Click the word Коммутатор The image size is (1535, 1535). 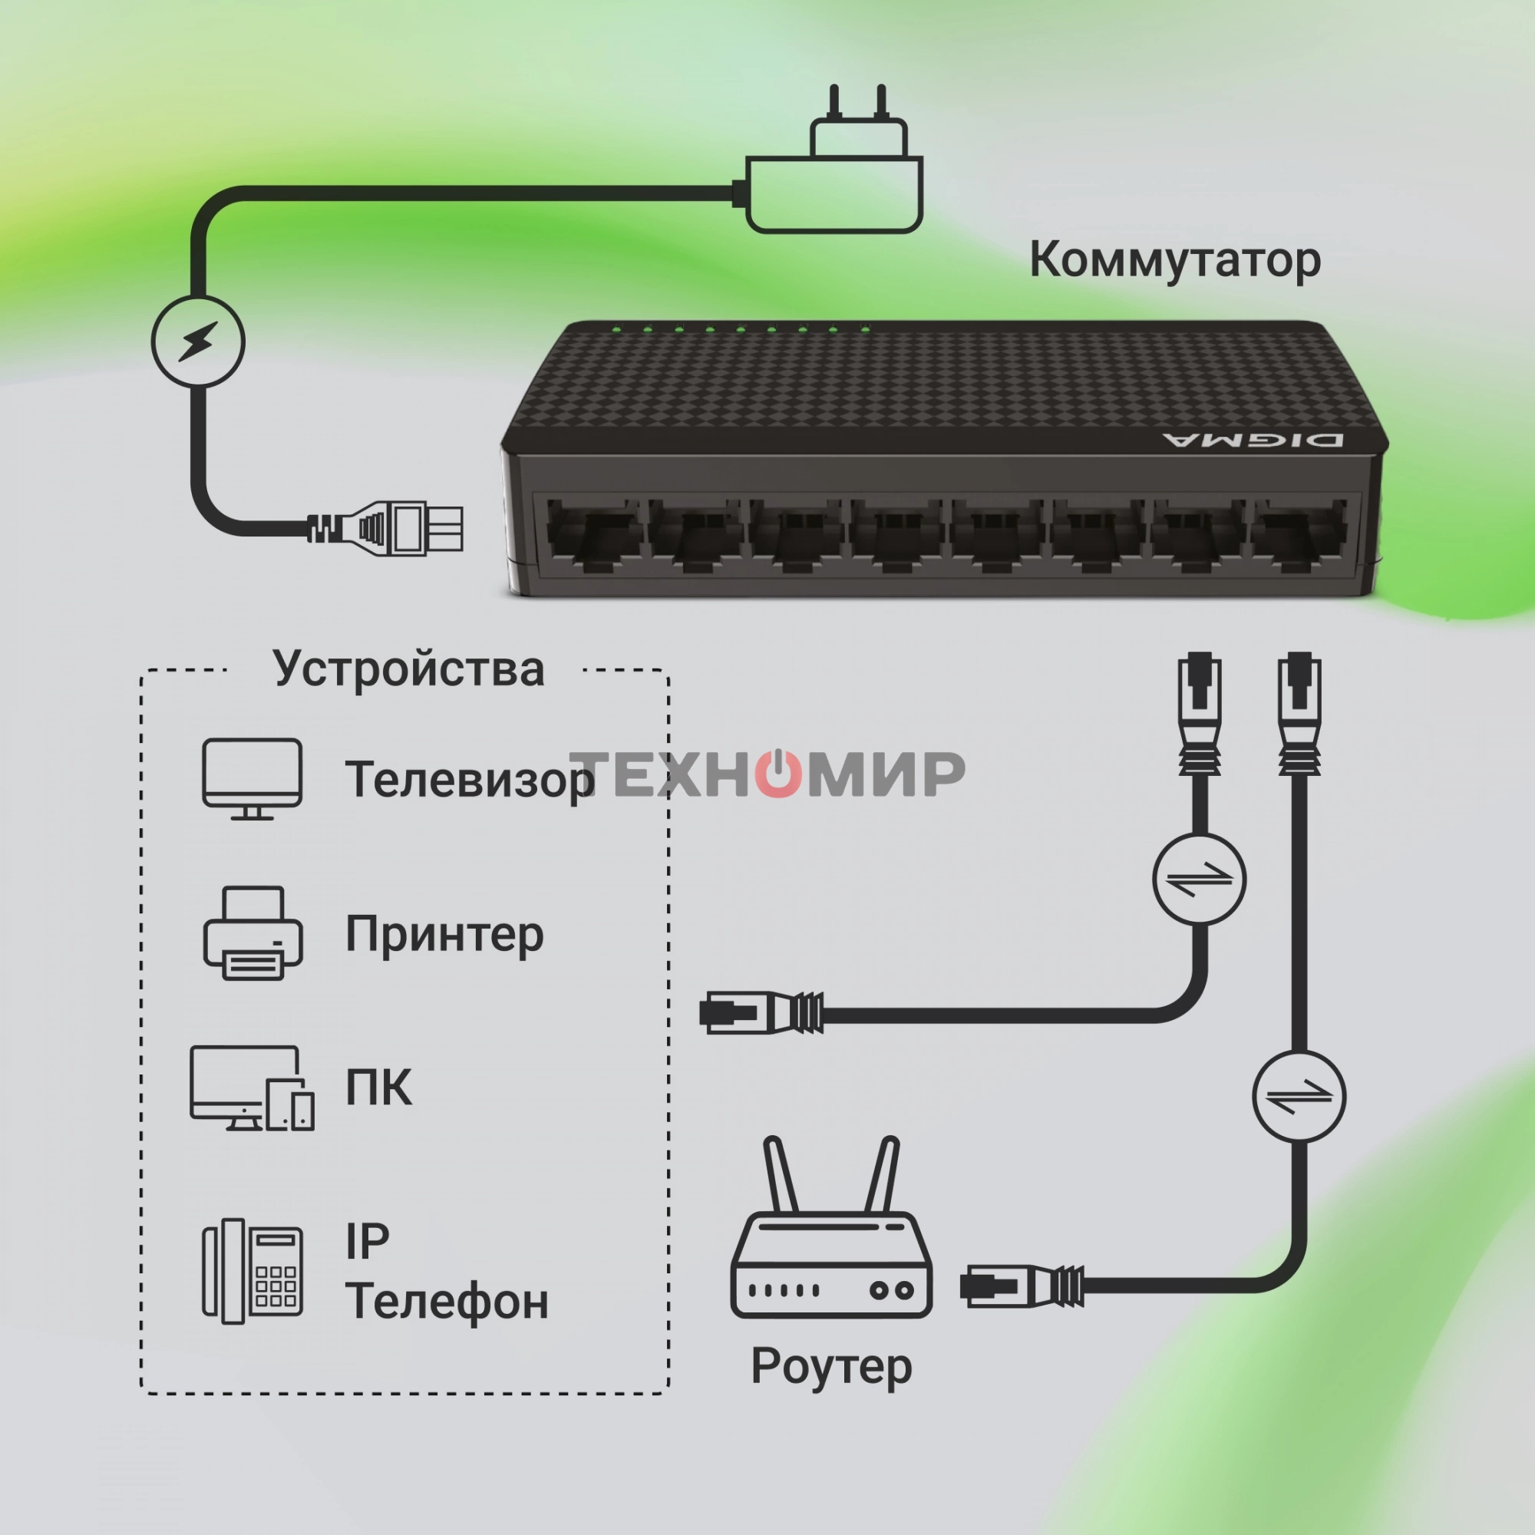(x=1174, y=260)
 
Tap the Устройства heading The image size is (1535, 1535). (x=408, y=668)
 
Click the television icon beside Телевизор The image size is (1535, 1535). (x=252, y=777)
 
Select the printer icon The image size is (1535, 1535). (x=253, y=933)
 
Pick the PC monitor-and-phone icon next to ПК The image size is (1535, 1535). (x=252, y=1088)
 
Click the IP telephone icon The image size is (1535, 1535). (x=253, y=1270)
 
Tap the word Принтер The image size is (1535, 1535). (x=444, y=934)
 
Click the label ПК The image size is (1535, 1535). (x=379, y=1087)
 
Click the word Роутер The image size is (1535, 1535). (x=831, y=1366)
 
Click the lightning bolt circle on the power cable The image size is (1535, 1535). (x=198, y=342)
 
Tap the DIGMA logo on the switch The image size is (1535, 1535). (x=1253, y=440)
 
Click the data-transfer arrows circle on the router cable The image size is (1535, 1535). (x=1299, y=1097)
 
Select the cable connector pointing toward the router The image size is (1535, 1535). (x=1021, y=1285)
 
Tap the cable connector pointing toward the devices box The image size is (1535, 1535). (x=760, y=1013)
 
